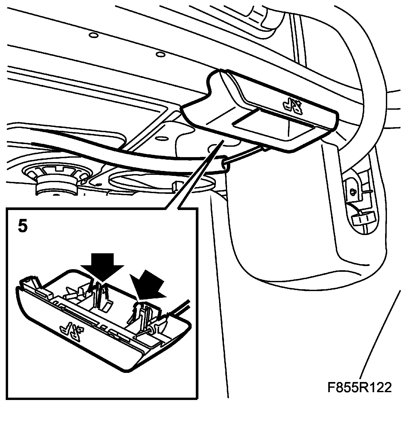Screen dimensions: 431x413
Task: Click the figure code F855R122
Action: pos(360,388)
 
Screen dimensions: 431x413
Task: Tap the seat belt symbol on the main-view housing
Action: pos(293,105)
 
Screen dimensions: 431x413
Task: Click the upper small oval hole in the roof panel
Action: pos(93,35)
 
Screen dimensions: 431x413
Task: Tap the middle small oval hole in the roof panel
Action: pos(160,54)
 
